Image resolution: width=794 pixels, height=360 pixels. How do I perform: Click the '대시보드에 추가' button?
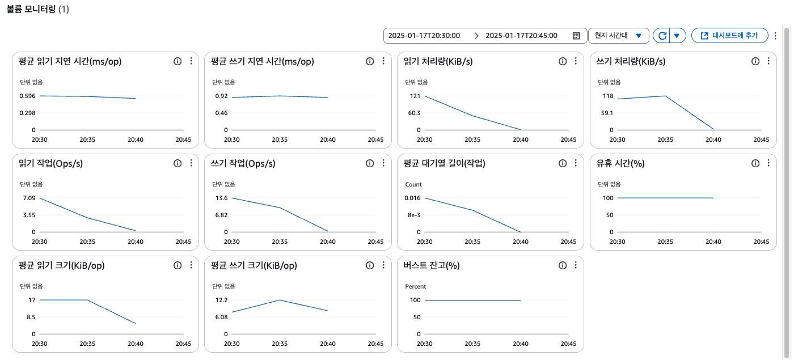[x=729, y=36]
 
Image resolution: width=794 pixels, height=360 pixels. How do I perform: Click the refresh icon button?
[x=661, y=36]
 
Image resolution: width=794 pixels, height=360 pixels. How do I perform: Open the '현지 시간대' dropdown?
[x=618, y=36]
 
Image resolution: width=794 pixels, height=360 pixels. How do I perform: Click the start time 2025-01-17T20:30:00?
[x=424, y=36]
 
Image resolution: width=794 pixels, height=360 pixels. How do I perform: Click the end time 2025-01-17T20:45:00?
[x=521, y=36]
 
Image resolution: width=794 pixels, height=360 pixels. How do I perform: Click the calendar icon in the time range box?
[x=576, y=36]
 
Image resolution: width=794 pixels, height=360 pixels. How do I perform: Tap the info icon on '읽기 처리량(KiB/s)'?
[x=563, y=61]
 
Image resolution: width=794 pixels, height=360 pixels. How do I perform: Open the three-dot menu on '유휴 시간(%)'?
[x=768, y=163]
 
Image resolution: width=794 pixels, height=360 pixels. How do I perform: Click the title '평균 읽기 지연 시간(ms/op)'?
[x=70, y=61]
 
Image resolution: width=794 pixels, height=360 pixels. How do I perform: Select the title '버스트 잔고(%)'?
[x=431, y=265]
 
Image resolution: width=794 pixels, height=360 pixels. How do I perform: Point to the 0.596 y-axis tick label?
[x=27, y=96]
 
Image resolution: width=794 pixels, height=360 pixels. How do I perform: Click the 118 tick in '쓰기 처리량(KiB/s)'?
[x=607, y=96]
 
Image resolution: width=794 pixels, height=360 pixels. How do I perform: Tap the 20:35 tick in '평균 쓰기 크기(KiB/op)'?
[x=280, y=344]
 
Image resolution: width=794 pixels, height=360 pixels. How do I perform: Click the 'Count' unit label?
[x=413, y=184]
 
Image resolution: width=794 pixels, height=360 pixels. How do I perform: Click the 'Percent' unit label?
[x=415, y=286]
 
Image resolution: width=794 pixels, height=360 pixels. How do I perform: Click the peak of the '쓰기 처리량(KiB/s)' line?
[x=665, y=96]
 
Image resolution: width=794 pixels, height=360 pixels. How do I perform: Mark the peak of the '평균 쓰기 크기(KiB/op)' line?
[x=280, y=300]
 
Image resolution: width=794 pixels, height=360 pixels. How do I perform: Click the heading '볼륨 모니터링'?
[x=31, y=10]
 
